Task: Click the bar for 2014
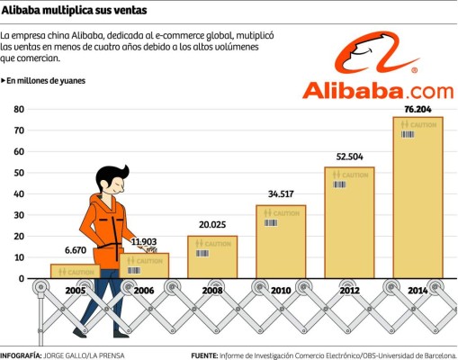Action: point(417,197)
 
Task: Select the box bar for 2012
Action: point(349,222)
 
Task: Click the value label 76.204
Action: point(417,109)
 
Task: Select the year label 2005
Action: point(76,292)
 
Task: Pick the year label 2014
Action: point(417,292)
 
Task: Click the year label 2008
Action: point(212,292)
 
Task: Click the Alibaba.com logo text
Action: point(377,90)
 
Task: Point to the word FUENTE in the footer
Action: point(208,355)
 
